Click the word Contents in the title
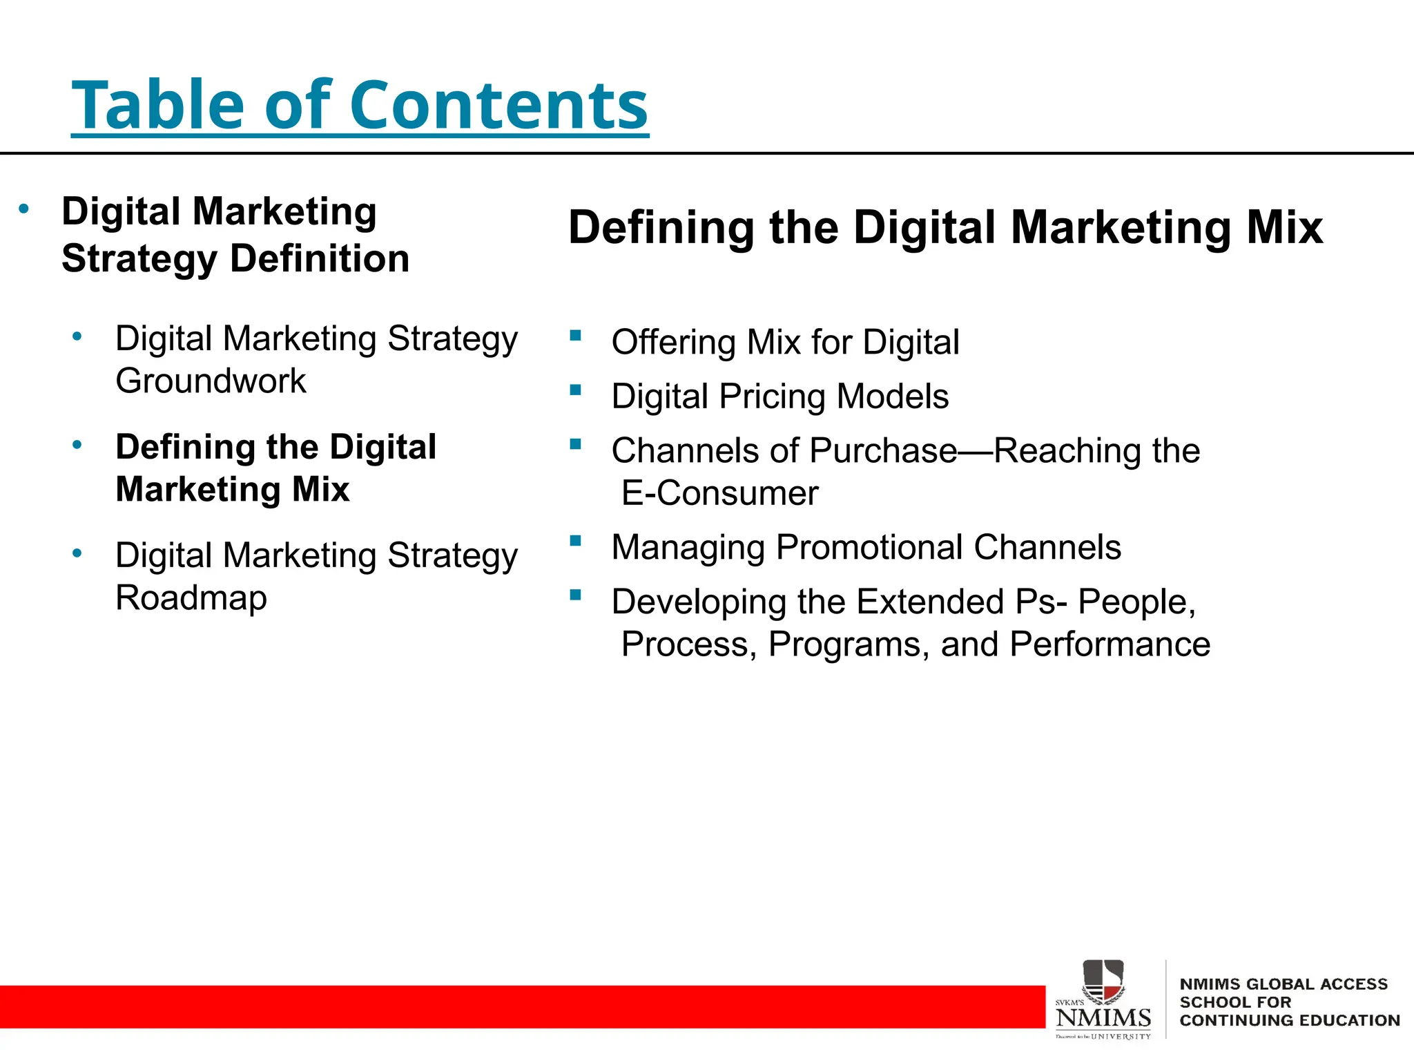[x=498, y=105]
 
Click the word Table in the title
[x=158, y=105]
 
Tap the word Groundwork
[x=211, y=381]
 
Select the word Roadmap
[x=191, y=598]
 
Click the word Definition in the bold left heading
[x=320, y=259]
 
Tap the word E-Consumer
[x=719, y=494]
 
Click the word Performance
[x=1110, y=644]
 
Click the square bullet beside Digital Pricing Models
[x=575, y=390]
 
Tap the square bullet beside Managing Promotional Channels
[x=575, y=540]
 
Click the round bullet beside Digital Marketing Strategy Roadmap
[x=77, y=553]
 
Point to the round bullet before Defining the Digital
[x=77, y=445]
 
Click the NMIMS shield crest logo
[x=1103, y=980]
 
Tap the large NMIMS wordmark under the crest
[x=1103, y=1018]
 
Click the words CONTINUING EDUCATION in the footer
[x=1289, y=1021]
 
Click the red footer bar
[x=518, y=1007]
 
